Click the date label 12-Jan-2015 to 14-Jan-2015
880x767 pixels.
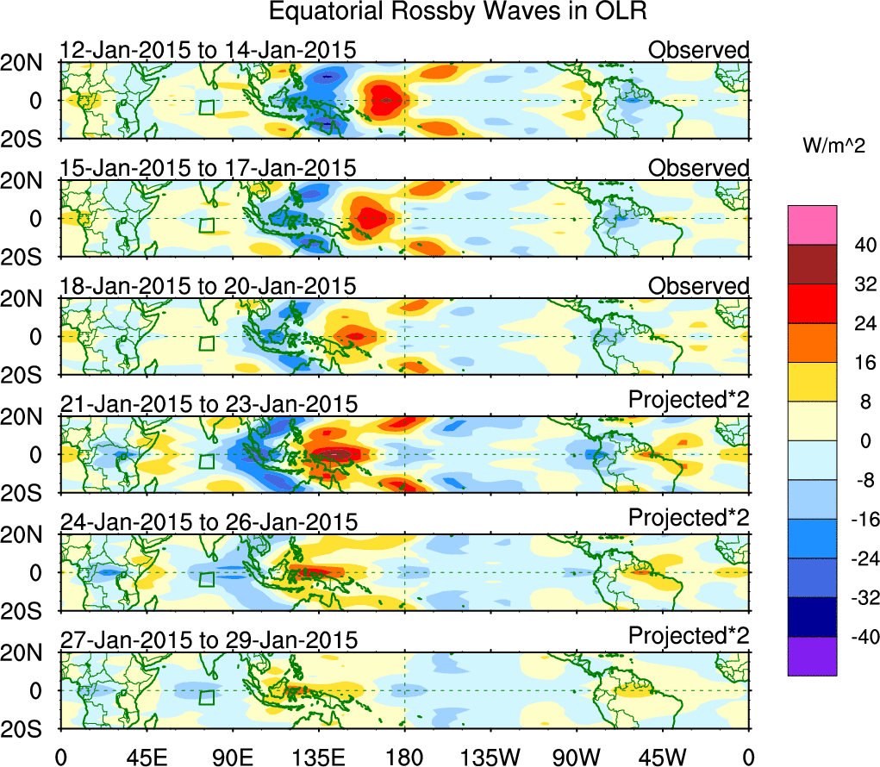pos(208,50)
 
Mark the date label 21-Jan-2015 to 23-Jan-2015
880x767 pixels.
pos(208,403)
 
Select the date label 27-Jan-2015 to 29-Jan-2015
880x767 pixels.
pos(208,639)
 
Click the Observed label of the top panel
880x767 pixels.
pos(698,50)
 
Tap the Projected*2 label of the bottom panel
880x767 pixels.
pos(689,636)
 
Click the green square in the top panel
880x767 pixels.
pos(206,107)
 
